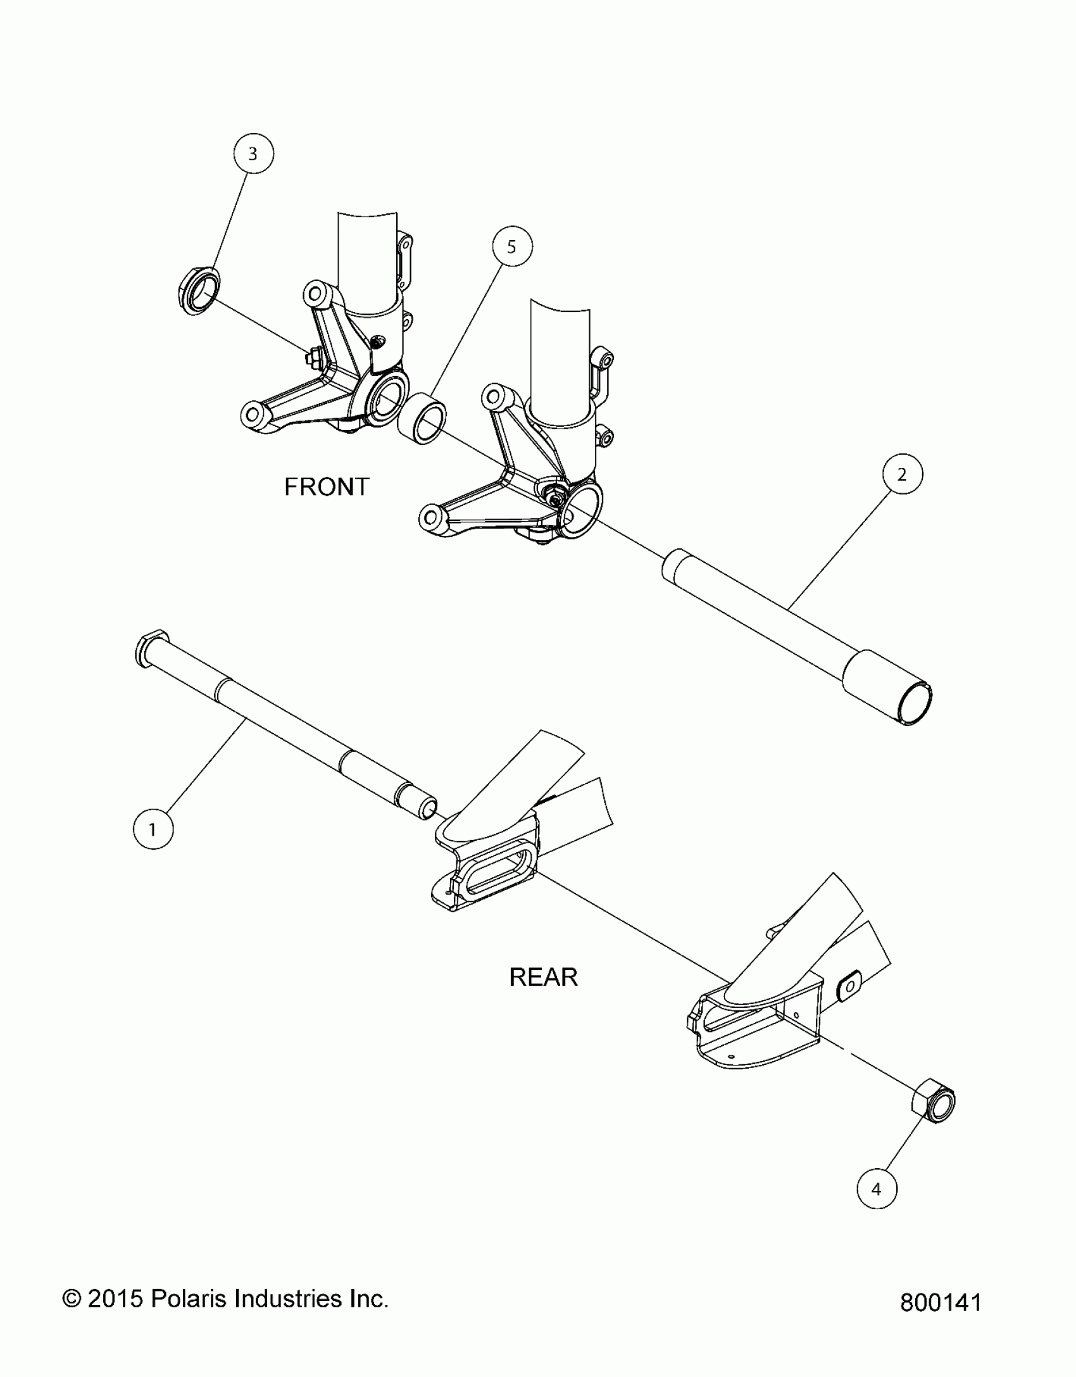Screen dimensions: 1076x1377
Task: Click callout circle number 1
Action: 153,829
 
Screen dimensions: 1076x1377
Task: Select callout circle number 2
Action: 901,474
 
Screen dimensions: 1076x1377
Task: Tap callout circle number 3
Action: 253,154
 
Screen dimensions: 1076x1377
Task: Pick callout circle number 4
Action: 877,1189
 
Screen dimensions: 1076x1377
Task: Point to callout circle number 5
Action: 511,247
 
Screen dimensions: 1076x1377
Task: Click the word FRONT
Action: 327,487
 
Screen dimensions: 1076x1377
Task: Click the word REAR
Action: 543,978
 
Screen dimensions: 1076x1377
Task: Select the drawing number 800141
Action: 940,1303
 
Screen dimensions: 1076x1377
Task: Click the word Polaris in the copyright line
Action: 189,1299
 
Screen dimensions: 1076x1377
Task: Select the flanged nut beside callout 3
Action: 198,292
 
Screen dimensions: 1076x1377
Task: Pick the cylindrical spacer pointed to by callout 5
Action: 422,418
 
